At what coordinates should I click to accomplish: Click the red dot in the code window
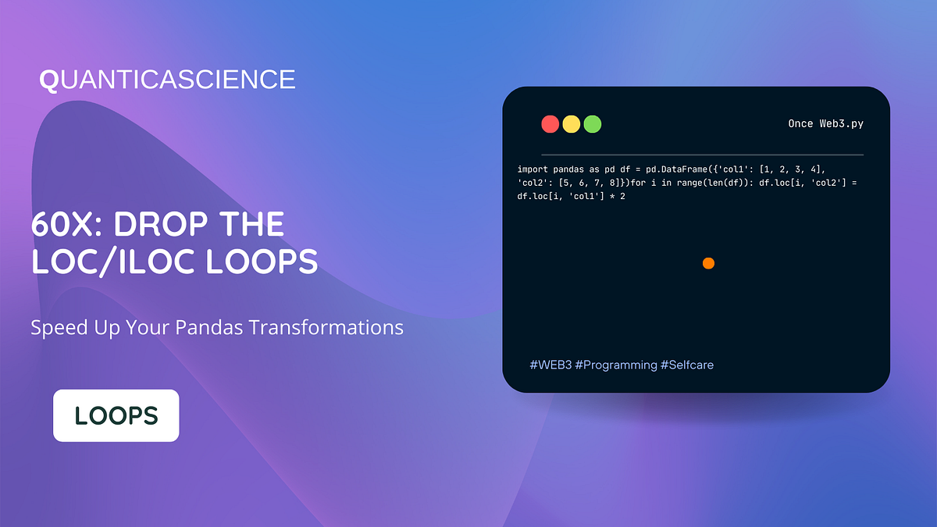(x=550, y=124)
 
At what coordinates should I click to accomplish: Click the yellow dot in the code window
(x=572, y=124)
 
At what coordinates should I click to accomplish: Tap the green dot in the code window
(x=593, y=124)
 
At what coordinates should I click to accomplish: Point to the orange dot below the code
(x=708, y=263)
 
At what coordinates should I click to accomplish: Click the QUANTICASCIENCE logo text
(x=167, y=80)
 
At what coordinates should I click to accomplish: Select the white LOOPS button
(x=116, y=415)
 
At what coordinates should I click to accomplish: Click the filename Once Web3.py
(x=825, y=124)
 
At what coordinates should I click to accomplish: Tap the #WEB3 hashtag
(x=550, y=365)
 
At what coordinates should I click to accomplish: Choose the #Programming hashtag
(x=615, y=365)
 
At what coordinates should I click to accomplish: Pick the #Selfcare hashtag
(x=686, y=365)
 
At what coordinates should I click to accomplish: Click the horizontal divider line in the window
(x=702, y=155)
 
